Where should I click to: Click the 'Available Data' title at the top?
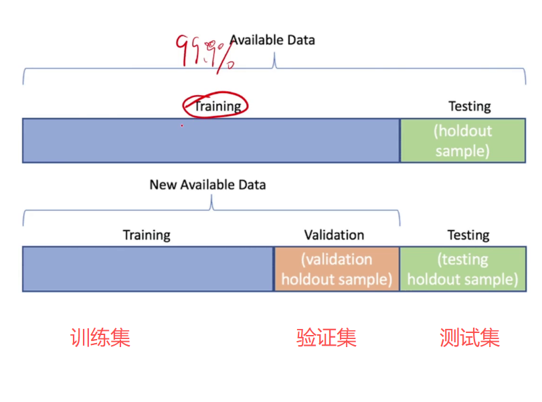coord(272,40)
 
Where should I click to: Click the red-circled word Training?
coord(217,106)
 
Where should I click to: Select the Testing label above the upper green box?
coord(469,107)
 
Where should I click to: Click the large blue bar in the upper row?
coord(211,141)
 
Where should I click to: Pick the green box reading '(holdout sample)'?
coord(462,141)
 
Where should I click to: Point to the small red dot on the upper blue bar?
coord(181,125)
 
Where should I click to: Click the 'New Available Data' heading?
coord(207,184)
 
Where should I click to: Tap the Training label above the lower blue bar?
coord(147,235)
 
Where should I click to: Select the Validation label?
coord(334,235)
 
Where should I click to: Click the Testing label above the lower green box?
coord(468,235)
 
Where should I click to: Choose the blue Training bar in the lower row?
coord(148,269)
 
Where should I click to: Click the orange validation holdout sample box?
coord(337,269)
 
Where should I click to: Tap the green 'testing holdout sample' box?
coord(462,269)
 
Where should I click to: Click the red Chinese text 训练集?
coord(100,337)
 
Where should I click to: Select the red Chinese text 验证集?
coord(327,337)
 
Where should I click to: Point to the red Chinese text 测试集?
coord(470,337)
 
